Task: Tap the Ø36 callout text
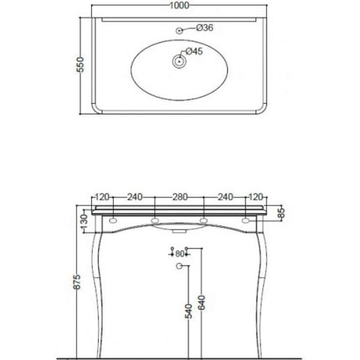click(206, 28)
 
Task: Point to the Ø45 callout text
click(194, 52)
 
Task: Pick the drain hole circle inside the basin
click(177, 60)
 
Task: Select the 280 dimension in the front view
click(179, 198)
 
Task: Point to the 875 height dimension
click(77, 282)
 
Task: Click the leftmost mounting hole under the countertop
click(113, 220)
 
